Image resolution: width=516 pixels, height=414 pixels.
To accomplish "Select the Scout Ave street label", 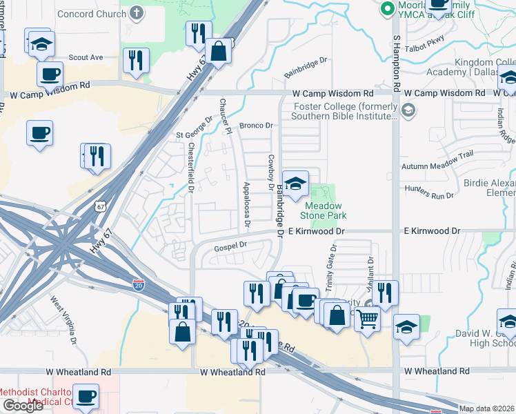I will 86,57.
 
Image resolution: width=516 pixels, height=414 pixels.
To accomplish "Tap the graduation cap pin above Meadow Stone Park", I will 295,184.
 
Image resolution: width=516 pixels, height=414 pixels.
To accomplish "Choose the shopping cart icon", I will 367,319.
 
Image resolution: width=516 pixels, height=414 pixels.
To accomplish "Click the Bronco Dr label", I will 257,126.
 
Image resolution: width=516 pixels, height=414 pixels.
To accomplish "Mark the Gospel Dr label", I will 230,245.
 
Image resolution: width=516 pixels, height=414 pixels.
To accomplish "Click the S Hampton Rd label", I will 397,66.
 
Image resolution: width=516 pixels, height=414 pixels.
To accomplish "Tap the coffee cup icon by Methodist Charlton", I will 86,396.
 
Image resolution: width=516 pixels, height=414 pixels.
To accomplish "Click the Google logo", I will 23,406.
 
